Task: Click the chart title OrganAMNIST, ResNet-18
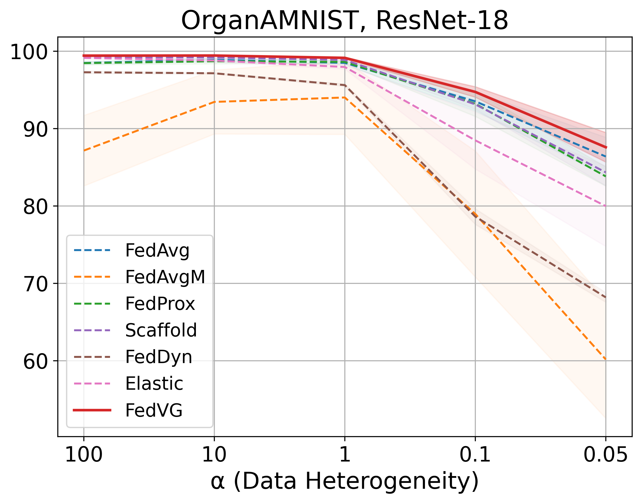point(344,20)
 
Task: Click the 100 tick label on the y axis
point(30,52)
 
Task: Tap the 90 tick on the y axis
point(35,129)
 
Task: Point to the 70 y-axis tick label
point(35,284)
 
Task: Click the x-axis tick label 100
point(84,455)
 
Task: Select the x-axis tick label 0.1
point(475,455)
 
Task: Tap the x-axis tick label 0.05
point(605,455)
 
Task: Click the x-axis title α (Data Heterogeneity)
point(344,482)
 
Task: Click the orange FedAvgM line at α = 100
point(84,151)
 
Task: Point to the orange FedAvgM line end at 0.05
point(605,360)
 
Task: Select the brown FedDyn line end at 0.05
point(605,298)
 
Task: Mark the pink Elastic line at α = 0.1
point(475,141)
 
